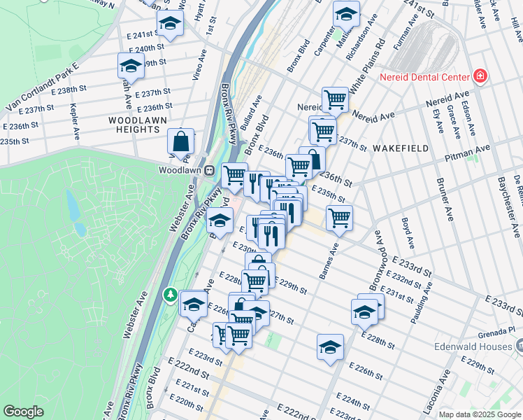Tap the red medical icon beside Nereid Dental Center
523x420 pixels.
pyautogui.click(x=480, y=76)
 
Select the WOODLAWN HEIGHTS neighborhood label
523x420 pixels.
pyautogui.click(x=134, y=125)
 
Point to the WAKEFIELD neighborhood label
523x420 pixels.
pyautogui.click(x=399, y=148)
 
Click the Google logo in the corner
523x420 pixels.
pyautogui.click(x=24, y=412)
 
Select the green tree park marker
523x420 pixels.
pyautogui.click(x=170, y=295)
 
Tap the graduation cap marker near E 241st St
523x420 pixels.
pyautogui.click(x=169, y=23)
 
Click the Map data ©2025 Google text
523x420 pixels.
pyautogui.click(x=479, y=414)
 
